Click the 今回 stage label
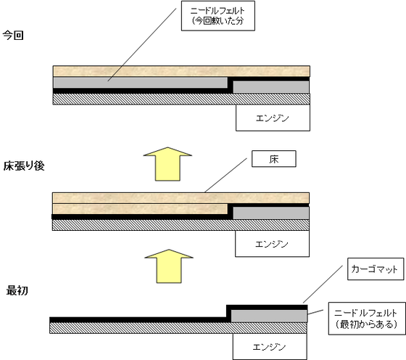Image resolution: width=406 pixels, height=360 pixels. pyautogui.click(x=13, y=36)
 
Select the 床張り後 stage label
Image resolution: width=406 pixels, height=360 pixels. pyautogui.click(x=24, y=166)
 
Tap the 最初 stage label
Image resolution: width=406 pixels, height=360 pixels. pyautogui.click(x=17, y=290)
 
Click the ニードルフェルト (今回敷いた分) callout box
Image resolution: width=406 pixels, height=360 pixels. pyautogui.click(x=218, y=16)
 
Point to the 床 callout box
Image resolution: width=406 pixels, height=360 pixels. pyautogui.click(x=274, y=159)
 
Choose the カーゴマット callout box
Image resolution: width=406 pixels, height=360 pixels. pyautogui.click(x=376, y=269)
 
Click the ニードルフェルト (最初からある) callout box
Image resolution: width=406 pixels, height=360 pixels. pyautogui.click(x=367, y=319)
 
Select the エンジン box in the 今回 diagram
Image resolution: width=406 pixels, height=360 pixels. pyautogui.click(x=273, y=118)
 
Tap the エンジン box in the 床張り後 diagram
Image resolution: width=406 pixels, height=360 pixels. pyautogui.click(x=272, y=244)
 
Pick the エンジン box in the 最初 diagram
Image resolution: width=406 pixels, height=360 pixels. pyautogui.click(x=270, y=346)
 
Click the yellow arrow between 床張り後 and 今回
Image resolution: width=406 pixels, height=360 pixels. pyautogui.click(x=167, y=164)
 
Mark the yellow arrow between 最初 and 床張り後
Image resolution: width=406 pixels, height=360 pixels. pyautogui.click(x=169, y=266)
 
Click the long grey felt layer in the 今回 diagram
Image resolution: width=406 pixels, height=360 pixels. pyautogui.click(x=141, y=83)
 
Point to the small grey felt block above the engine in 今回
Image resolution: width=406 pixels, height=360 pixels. pyautogui.click(x=271, y=87)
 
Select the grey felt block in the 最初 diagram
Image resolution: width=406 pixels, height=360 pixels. pyautogui.click(x=269, y=316)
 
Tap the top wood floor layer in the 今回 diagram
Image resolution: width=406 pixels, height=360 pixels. pyautogui.click(x=181, y=71)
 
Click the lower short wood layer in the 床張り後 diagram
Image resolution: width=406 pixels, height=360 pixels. pyautogui.click(x=140, y=209)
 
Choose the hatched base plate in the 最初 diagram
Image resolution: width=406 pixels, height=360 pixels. pyautogui.click(x=178, y=328)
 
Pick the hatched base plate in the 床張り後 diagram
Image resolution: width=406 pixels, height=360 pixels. pyautogui.click(x=181, y=225)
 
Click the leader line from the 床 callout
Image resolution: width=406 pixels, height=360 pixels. pyautogui.click(x=225, y=176)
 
